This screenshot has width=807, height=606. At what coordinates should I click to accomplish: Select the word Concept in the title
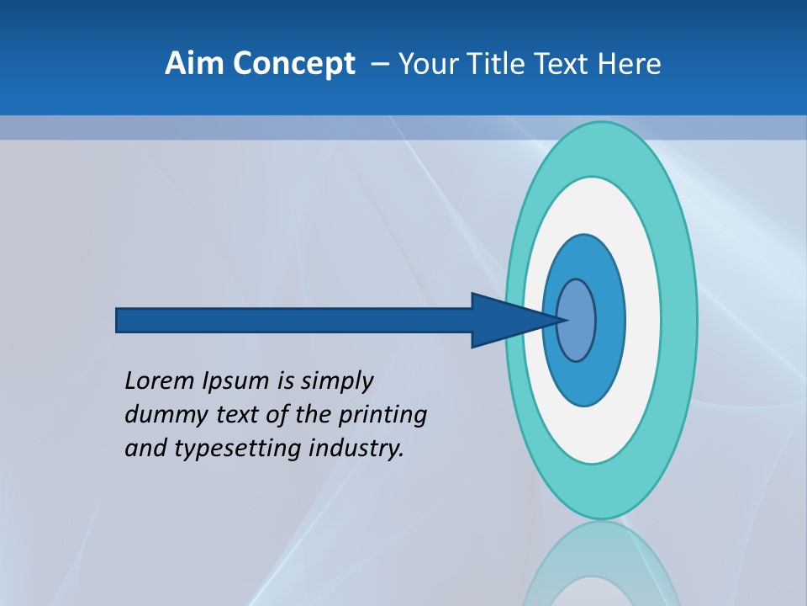(293, 64)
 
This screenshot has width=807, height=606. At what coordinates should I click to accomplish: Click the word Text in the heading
(563, 64)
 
